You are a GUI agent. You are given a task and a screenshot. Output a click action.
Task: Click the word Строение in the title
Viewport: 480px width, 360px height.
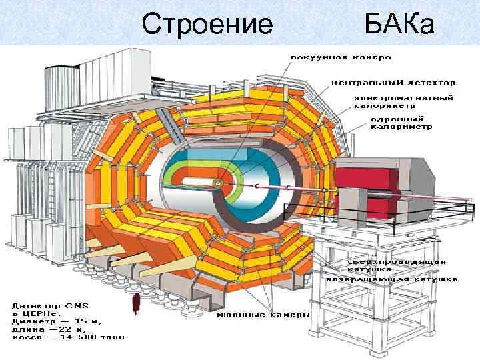[x=207, y=24]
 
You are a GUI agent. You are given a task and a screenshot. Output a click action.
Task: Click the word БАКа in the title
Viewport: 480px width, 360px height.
[x=399, y=24]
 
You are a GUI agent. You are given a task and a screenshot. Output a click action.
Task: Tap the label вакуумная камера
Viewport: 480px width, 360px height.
[x=340, y=57]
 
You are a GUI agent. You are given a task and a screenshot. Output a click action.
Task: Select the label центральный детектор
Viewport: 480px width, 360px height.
[x=394, y=83]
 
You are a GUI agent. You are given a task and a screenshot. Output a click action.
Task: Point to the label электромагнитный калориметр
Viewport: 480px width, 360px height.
[x=403, y=101]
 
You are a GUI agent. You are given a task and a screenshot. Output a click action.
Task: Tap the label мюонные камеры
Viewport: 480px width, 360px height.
[x=263, y=315]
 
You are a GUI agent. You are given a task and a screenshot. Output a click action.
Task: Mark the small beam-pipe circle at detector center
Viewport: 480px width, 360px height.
[x=217, y=183]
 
